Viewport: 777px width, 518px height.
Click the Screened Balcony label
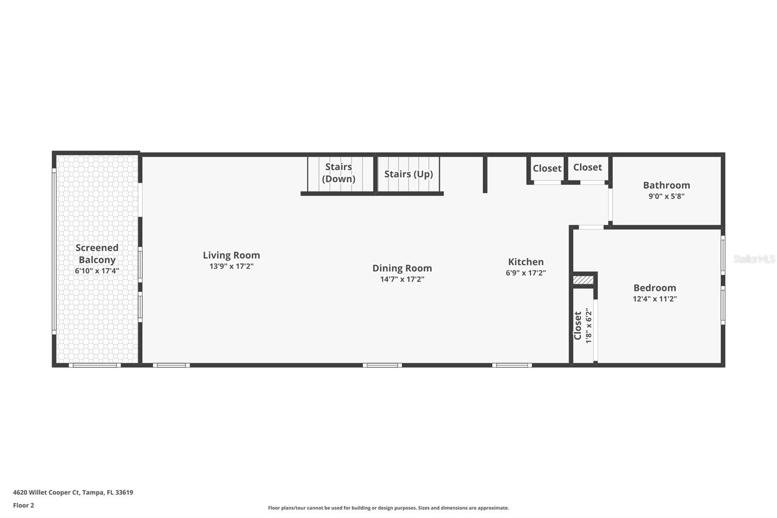pos(97,254)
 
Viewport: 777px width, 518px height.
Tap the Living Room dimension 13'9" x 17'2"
pos(231,266)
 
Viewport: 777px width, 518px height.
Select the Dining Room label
pos(402,268)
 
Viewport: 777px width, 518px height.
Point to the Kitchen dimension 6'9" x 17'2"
pos(525,273)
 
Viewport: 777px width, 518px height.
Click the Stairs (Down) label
pos(338,173)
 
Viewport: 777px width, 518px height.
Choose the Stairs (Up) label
pos(408,174)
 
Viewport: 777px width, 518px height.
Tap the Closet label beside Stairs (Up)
pos(547,168)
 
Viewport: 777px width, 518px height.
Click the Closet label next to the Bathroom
pos(587,167)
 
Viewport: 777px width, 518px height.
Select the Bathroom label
pos(666,185)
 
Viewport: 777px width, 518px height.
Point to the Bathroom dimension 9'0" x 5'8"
pos(666,196)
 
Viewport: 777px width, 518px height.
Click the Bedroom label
pos(655,288)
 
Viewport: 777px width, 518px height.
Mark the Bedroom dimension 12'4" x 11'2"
pos(655,299)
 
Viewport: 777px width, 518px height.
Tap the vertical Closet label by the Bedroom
pos(578,326)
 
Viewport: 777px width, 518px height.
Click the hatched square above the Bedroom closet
pos(583,280)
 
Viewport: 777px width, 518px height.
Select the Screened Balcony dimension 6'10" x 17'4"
pos(97,271)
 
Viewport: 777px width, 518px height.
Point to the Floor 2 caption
pos(23,505)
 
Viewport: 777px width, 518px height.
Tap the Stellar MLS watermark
pos(754,259)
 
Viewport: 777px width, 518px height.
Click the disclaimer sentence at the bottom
pos(388,508)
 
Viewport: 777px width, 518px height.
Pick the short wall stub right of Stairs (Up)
pos(485,173)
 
